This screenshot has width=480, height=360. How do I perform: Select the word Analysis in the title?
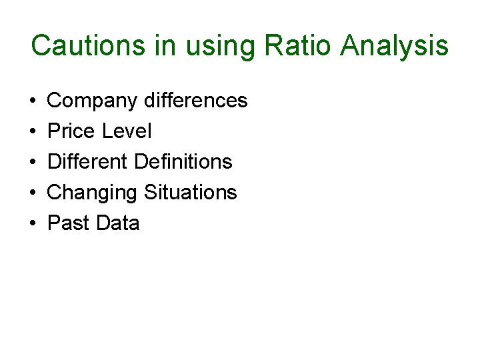(394, 46)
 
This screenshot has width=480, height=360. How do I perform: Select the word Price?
(71, 131)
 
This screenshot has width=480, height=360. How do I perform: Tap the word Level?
(127, 131)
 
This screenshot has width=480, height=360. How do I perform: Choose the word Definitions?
(183, 162)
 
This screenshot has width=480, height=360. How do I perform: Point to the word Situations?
(191, 193)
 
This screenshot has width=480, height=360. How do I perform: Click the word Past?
(69, 223)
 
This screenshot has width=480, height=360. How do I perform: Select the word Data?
(118, 223)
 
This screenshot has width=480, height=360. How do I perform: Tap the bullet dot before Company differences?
(33, 101)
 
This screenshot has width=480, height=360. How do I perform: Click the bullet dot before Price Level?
(33, 132)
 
